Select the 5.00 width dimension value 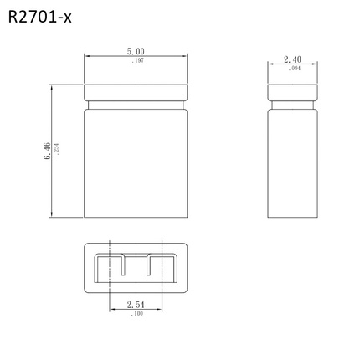point(136,52)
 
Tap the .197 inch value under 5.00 point(136,61)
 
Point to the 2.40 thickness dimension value point(292,59)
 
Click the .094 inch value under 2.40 point(293,69)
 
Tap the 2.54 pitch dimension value point(136,305)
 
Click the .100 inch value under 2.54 point(136,314)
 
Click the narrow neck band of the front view point(136,105)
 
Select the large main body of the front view point(136,163)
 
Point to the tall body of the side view point(292,163)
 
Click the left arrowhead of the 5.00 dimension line point(88,56)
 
